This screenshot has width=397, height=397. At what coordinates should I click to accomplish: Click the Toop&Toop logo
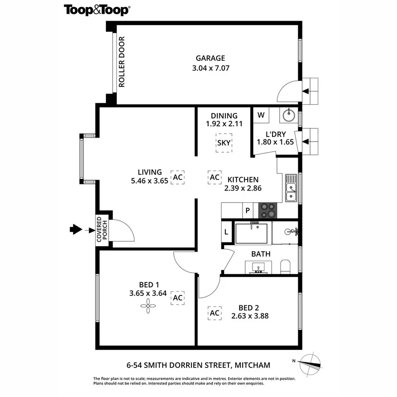click(x=97, y=10)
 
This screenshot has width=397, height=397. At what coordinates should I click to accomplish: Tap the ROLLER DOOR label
click(x=122, y=62)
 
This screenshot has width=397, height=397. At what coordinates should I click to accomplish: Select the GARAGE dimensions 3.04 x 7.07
click(x=210, y=68)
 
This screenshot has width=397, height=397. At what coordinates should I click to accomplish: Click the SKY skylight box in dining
click(x=224, y=143)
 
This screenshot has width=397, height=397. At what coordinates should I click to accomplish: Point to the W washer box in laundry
click(x=261, y=116)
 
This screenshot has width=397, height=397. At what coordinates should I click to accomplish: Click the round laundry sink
click(x=288, y=116)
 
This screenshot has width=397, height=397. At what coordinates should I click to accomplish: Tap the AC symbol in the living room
click(x=177, y=177)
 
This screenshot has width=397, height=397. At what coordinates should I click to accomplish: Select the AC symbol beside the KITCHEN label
click(x=214, y=177)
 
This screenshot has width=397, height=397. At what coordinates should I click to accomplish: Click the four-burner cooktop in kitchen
click(x=267, y=210)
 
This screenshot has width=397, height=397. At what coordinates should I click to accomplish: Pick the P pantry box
click(x=248, y=211)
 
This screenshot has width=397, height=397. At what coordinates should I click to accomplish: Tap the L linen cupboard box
click(x=226, y=232)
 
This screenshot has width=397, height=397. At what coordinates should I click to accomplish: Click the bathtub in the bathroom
click(x=251, y=233)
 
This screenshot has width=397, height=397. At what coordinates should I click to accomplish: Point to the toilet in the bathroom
click(x=286, y=267)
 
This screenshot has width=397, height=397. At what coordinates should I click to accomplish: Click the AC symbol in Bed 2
click(x=214, y=313)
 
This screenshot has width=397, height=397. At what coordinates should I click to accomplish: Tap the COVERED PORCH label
click(x=102, y=229)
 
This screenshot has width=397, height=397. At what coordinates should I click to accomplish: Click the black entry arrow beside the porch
click(x=76, y=229)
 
